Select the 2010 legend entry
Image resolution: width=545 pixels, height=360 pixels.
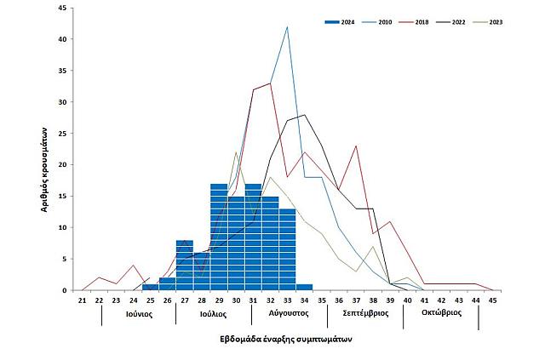pyautogui.click(x=385, y=20)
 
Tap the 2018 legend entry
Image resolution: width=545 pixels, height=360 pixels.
pyautogui.click(x=422, y=20)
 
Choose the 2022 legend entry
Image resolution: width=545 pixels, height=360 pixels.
pyautogui.click(x=458, y=20)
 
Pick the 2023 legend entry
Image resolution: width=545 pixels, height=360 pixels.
pyautogui.click(x=495, y=20)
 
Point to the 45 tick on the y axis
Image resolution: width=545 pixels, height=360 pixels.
pyautogui.click(x=61, y=8)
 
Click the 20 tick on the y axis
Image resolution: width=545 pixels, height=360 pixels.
pyautogui.click(x=61, y=164)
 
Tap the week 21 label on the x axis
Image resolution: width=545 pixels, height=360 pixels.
pyautogui.click(x=83, y=300)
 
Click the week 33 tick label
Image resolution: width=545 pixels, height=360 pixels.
pyautogui.click(x=288, y=300)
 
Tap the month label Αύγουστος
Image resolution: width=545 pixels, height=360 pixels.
pyautogui.click(x=289, y=313)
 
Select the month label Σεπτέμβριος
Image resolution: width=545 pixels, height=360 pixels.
pyautogui.click(x=365, y=313)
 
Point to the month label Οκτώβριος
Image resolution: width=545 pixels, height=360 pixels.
pyautogui.click(x=442, y=313)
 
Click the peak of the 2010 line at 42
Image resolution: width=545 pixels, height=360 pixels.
pyautogui.click(x=288, y=27)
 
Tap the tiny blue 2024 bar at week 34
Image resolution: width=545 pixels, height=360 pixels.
pyautogui.click(x=305, y=287)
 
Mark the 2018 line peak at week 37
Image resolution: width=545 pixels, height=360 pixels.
pyautogui.click(x=356, y=146)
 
